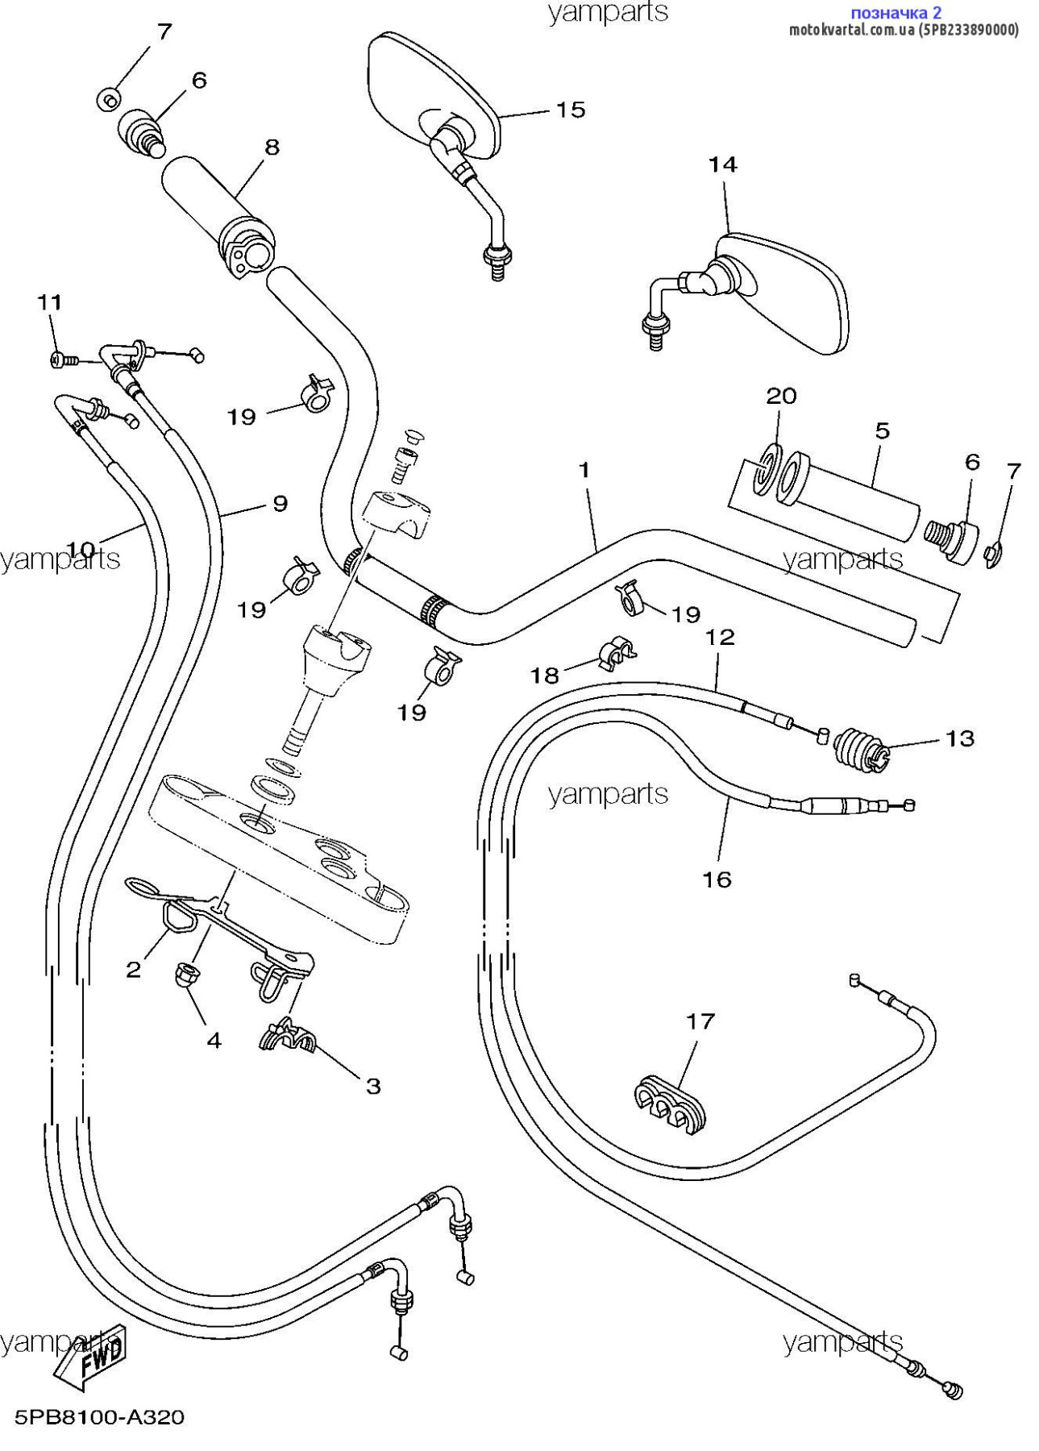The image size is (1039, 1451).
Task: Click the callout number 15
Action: click(x=570, y=110)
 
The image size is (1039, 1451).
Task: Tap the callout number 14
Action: click(x=722, y=164)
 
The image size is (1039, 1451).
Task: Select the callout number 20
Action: click(x=780, y=396)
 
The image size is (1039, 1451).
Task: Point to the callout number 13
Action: click(x=959, y=738)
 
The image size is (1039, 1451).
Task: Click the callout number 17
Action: click(x=700, y=1021)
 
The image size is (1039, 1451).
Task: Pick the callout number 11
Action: click(x=49, y=302)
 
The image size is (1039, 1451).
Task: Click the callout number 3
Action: click(x=373, y=1086)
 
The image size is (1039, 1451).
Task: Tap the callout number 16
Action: click(x=717, y=879)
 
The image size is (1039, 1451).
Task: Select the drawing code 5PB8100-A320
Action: click(x=99, y=1416)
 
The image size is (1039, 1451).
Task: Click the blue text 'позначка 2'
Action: click(x=896, y=13)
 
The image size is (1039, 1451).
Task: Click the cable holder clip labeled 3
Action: click(x=288, y=1037)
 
